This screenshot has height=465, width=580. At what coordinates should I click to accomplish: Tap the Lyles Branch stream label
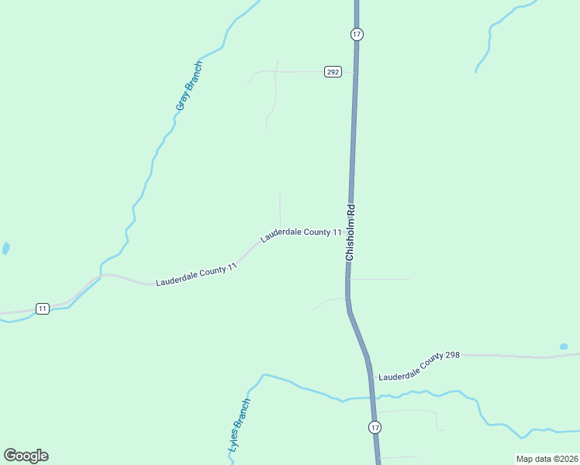coord(240,425)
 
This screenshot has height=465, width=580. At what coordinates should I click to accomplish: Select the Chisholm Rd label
coord(350,232)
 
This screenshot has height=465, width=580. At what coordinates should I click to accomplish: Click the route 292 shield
coord(333,72)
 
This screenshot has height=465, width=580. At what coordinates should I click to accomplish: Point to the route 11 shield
coord(42,308)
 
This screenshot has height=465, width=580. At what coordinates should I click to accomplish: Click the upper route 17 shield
coord(356,34)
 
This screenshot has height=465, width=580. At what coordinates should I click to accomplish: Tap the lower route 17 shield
coord(375,427)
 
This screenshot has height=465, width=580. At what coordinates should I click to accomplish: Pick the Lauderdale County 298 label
coord(419,365)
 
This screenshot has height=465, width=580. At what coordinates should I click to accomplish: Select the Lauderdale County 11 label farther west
coord(196,275)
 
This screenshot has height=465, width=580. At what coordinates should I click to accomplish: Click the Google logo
coord(26,456)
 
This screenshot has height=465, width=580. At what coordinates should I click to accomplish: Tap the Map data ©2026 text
coord(546,459)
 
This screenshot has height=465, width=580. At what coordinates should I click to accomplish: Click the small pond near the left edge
coord(6,249)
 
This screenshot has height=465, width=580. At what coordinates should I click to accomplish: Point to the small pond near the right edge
coord(564,346)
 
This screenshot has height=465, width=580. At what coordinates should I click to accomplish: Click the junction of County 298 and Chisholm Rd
coord(371,378)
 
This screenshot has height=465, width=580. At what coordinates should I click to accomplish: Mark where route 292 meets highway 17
coord(356,72)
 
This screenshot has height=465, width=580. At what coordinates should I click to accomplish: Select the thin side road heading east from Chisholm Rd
coord(380,279)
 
